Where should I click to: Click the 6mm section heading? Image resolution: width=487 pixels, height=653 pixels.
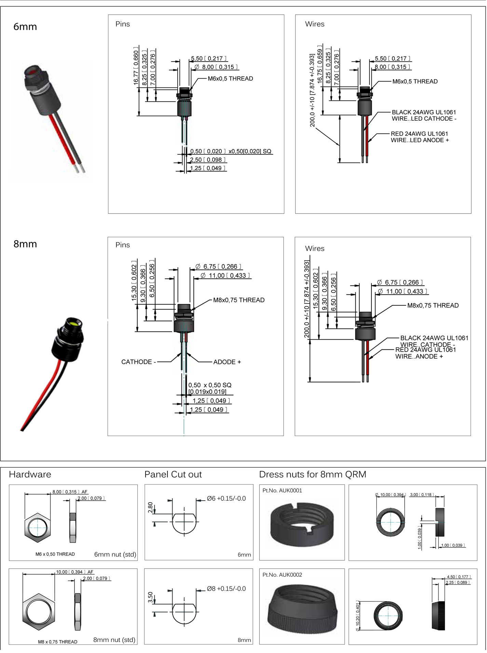25,27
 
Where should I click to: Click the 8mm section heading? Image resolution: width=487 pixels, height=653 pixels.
25,244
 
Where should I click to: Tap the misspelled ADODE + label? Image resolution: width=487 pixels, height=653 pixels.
227,362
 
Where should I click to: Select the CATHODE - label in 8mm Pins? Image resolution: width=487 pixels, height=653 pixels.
138,362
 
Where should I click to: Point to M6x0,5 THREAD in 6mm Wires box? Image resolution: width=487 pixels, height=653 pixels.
415,81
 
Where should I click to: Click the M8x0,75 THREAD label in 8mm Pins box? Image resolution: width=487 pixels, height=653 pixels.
239,300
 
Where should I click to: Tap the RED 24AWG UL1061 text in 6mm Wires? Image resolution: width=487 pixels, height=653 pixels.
419,134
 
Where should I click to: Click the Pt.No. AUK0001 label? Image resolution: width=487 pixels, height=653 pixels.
282,490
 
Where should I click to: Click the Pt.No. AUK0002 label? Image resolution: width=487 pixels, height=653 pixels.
282,575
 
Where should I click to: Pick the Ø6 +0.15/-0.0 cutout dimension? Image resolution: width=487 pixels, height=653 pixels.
226,499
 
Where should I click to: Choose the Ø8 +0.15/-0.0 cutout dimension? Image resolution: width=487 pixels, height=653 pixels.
226,589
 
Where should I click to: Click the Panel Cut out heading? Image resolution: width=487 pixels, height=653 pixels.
173,474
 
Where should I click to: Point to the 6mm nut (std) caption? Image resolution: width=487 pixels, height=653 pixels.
115,554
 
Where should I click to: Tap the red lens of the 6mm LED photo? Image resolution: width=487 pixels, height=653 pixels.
34,71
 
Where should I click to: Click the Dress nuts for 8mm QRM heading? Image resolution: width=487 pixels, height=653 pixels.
312,474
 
